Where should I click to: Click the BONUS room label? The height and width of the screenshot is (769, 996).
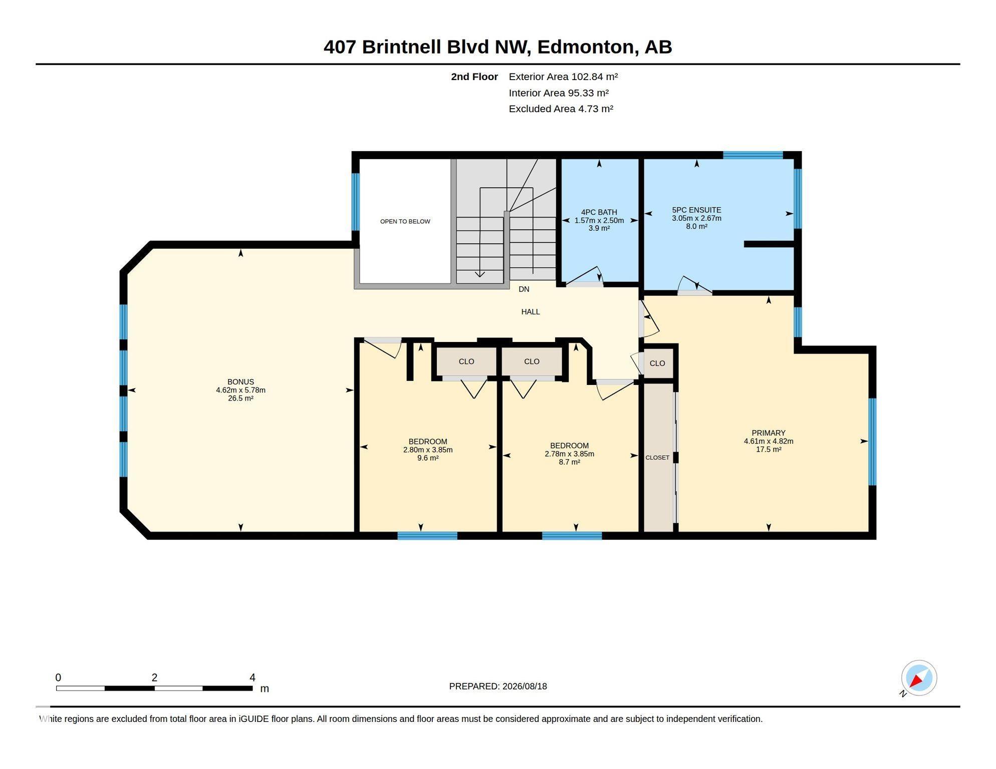(x=240, y=382)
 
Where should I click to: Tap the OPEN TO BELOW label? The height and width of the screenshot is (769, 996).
(x=405, y=221)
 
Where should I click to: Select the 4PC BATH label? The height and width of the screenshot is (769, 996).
(x=599, y=212)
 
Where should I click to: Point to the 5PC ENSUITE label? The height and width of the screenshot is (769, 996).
(x=696, y=210)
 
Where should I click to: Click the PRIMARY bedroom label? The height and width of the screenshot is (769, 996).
(x=769, y=433)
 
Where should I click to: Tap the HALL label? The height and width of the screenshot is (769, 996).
(x=531, y=312)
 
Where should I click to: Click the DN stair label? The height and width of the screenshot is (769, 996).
(x=524, y=289)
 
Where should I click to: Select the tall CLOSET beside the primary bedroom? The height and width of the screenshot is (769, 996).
(x=657, y=458)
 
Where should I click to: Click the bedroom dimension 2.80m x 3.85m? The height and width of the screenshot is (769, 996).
(x=428, y=450)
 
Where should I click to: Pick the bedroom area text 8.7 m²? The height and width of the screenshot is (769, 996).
(x=570, y=462)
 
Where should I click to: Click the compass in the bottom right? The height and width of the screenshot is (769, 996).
(x=919, y=678)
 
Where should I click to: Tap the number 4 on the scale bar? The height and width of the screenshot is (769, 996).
(x=253, y=677)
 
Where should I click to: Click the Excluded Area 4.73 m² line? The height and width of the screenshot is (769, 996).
(x=561, y=109)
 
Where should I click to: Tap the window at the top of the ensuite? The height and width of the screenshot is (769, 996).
(x=753, y=155)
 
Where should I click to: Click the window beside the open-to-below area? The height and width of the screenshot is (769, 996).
(x=355, y=202)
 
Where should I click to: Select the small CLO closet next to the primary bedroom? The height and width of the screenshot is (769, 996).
(x=657, y=363)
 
